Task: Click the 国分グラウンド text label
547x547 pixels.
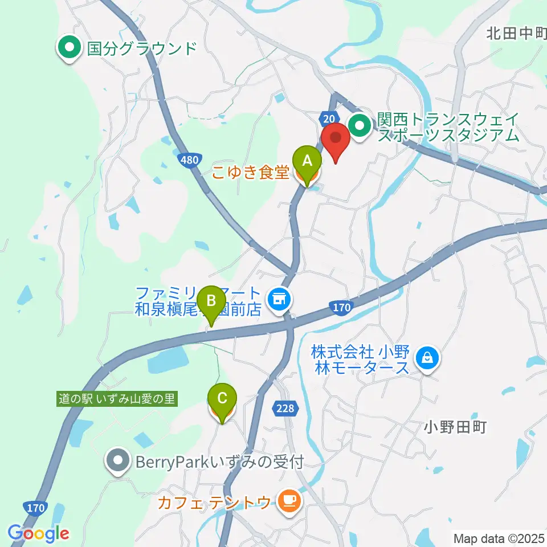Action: point(141,48)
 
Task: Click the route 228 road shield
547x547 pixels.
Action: point(285,408)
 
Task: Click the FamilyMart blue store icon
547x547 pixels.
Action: point(279,297)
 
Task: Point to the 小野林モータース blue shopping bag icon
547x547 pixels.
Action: point(426,358)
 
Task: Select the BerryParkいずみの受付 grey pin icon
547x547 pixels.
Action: point(119,460)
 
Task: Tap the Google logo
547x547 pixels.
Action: point(38,534)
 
